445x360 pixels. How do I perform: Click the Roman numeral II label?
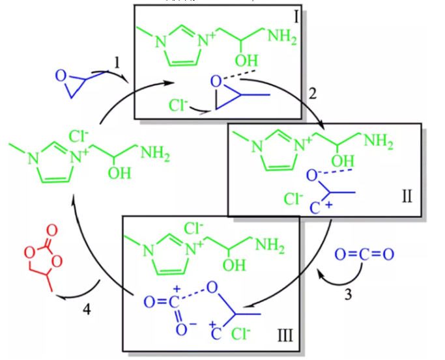[x=408, y=195]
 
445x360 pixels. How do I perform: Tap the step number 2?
[x=313, y=92]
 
